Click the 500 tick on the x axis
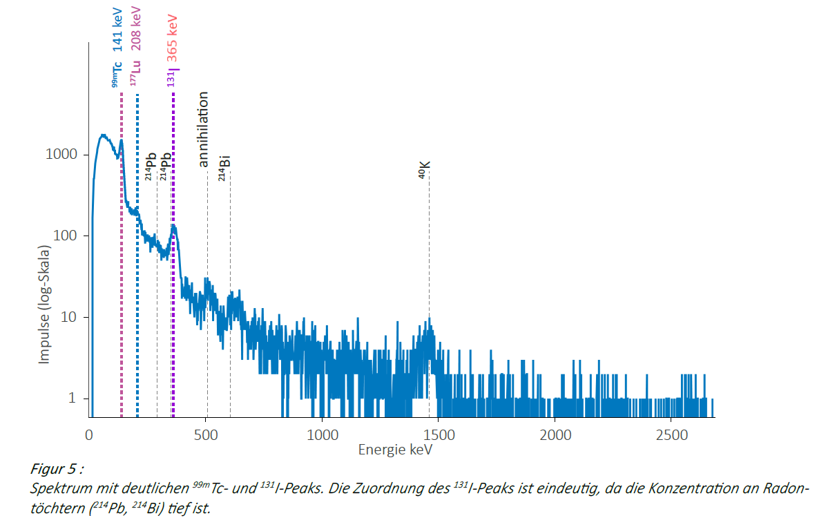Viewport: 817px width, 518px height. (x=206, y=435)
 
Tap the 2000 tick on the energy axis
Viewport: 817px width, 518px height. (x=556, y=435)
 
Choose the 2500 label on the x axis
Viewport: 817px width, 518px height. (x=672, y=435)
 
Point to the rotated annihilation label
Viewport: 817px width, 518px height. (x=203, y=129)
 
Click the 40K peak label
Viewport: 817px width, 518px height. (x=425, y=170)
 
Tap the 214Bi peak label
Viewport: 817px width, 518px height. (x=224, y=169)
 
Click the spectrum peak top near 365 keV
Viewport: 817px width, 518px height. (x=173, y=227)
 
